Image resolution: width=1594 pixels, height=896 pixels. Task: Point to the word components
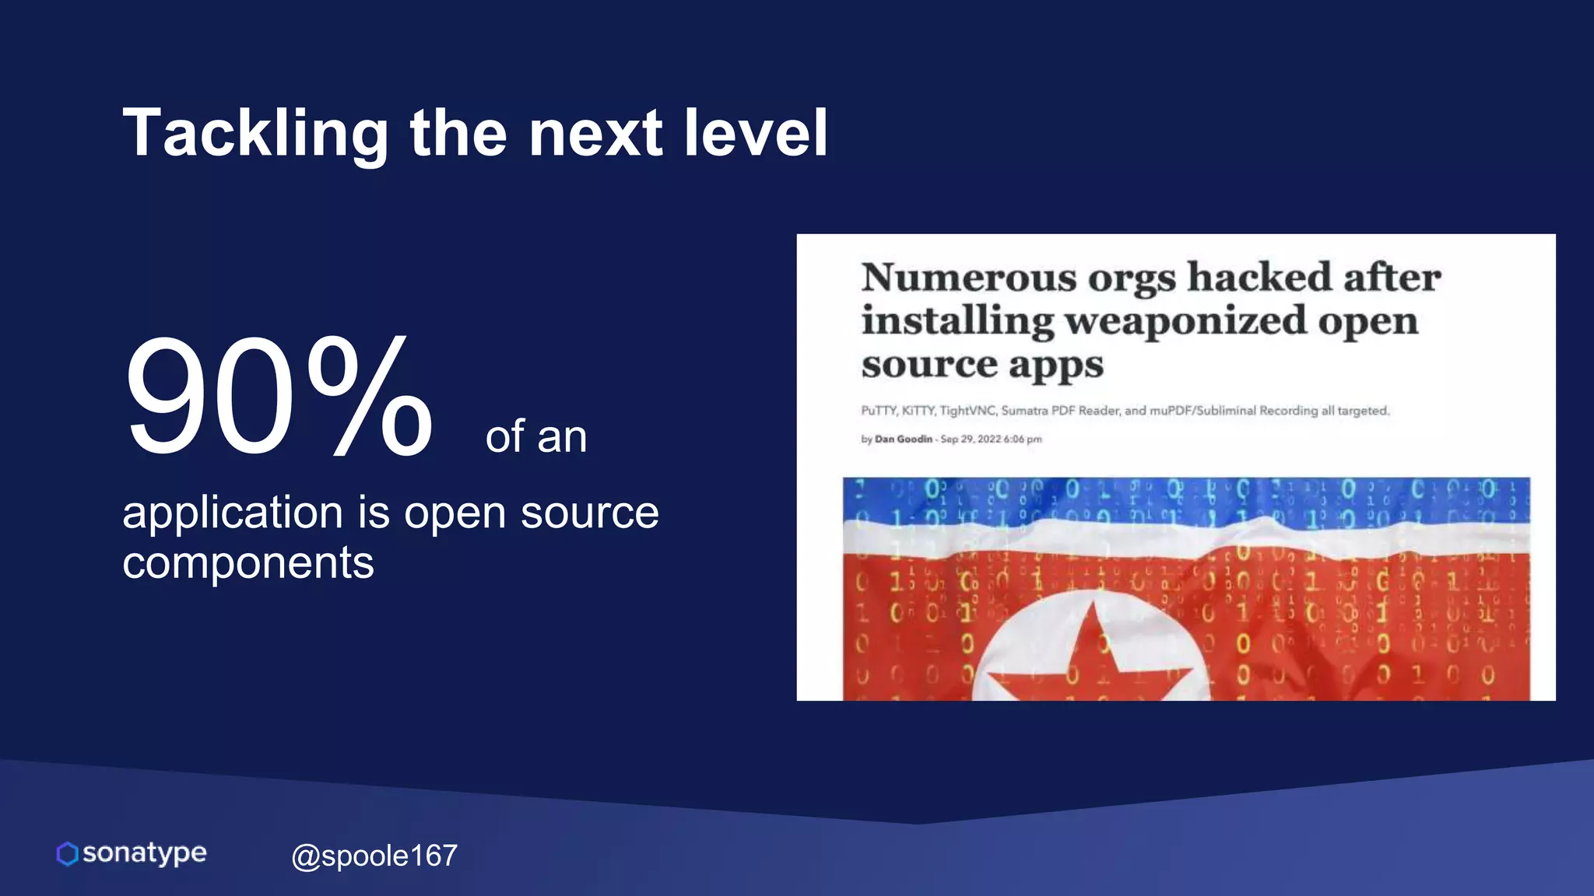(248, 562)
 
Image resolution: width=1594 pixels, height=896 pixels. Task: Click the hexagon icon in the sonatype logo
(68, 854)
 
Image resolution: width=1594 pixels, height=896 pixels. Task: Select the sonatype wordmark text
(145, 853)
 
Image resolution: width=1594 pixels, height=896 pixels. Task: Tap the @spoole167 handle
(374, 856)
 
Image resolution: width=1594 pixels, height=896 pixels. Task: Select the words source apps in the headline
(982, 364)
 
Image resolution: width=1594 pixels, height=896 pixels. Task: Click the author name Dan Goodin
(903, 439)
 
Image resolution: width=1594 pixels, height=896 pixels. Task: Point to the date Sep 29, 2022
(971, 439)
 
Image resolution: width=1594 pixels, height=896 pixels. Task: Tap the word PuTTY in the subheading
(879, 411)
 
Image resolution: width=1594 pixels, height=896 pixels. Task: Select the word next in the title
(595, 134)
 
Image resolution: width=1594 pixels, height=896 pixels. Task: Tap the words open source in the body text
(531, 513)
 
